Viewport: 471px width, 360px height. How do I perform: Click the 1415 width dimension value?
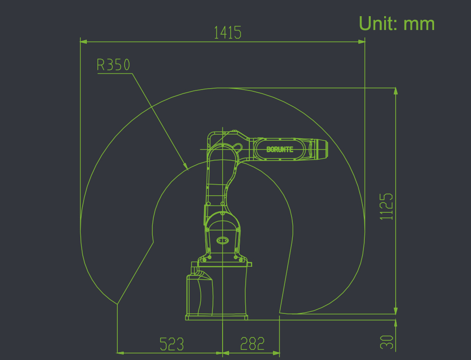click(227, 32)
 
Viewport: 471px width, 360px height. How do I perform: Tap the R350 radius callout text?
click(113, 65)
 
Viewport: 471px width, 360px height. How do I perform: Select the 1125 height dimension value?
click(386, 207)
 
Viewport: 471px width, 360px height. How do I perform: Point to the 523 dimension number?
click(171, 344)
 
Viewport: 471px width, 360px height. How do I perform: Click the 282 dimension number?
click(252, 344)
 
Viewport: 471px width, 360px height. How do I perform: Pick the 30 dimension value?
click(386, 342)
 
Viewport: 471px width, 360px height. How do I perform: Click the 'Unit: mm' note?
click(397, 24)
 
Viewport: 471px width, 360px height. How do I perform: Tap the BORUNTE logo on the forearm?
click(280, 149)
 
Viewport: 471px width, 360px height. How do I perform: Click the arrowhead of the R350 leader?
click(186, 166)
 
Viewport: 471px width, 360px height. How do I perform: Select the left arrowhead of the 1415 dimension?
click(84, 42)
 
